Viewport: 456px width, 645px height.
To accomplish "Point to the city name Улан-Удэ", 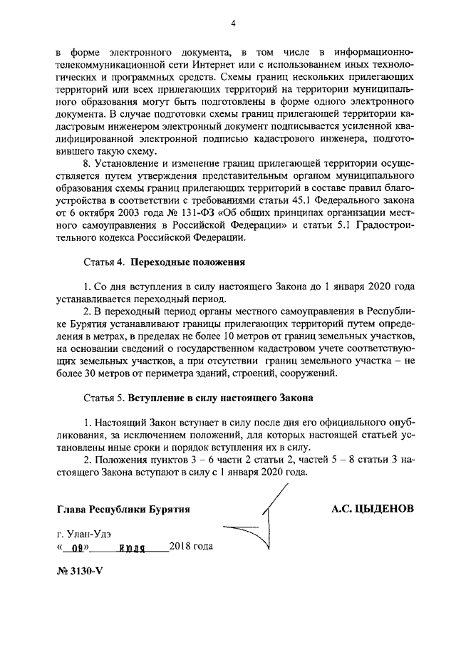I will coord(89,533).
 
